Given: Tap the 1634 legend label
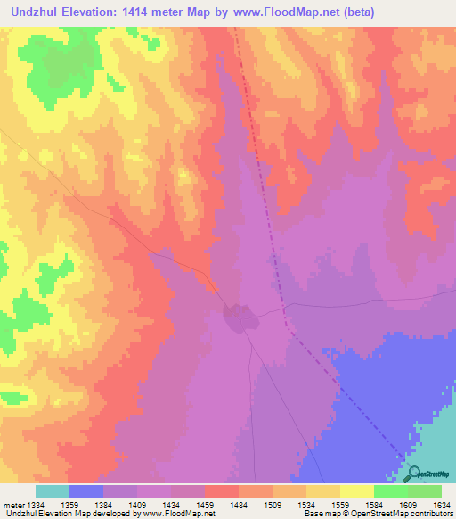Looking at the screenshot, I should tap(442, 504).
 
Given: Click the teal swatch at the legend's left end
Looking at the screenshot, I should tap(52, 491).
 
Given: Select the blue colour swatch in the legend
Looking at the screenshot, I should tap(85, 491).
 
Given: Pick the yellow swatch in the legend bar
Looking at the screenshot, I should tap(356, 491).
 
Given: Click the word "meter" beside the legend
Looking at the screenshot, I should tap(16, 504).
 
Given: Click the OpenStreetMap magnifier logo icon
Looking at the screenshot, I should tap(414, 474).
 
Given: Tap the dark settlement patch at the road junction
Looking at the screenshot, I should tap(238, 316).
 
